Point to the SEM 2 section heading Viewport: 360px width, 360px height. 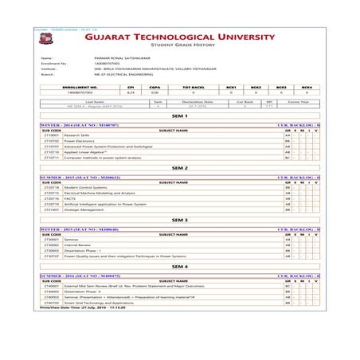click(178, 168)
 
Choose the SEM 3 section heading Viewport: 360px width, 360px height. click(178, 219)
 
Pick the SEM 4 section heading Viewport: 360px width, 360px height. click(178, 266)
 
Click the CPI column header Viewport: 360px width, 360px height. click(131, 86)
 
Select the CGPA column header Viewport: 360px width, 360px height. click(155, 86)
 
